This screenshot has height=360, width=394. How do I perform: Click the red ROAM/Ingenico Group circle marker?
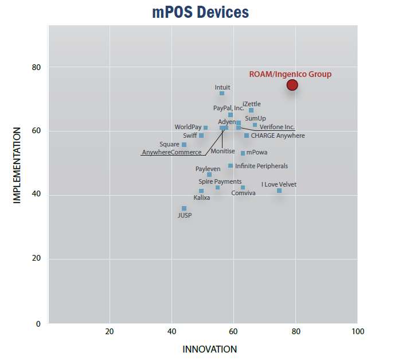point(292,85)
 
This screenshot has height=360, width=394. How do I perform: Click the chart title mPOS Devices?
point(200,11)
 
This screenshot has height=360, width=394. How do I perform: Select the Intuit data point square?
point(222,93)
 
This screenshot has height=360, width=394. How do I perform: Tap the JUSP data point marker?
point(184,208)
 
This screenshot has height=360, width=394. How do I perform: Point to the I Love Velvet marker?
point(279,191)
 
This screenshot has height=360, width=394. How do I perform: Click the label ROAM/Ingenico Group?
point(290,74)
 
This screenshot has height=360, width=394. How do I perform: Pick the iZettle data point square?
point(251,110)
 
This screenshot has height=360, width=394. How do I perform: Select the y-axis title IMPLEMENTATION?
point(17,165)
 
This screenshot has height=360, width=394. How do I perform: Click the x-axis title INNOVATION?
point(209,349)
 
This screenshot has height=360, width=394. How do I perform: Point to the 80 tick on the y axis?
point(37,67)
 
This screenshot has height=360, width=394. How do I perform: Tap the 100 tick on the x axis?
point(357,331)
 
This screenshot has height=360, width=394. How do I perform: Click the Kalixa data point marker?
point(201,191)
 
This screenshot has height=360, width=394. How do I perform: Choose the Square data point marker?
point(184,145)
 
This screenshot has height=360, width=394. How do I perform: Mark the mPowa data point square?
point(243,153)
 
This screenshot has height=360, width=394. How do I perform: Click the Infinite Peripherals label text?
point(262,166)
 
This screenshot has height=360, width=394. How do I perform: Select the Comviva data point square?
point(243,188)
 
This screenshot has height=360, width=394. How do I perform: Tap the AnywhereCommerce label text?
point(171,152)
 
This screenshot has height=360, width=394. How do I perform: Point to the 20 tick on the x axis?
point(110,331)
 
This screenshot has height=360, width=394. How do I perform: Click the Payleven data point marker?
point(209,175)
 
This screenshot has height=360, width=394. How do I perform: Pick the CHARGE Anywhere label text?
point(278,136)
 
